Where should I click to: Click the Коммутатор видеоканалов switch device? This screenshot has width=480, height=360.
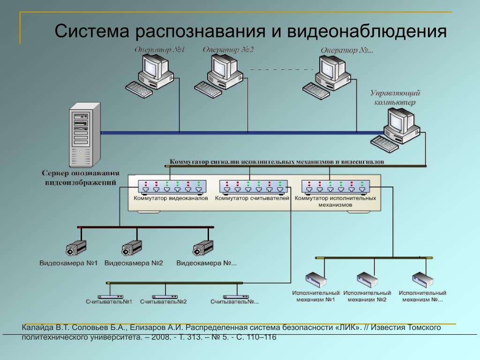pyautogui.click(x=172, y=187)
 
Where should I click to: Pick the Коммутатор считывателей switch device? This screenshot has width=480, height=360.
pyautogui.click(x=253, y=187)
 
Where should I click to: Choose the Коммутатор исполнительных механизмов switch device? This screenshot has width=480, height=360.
pyautogui.click(x=335, y=187)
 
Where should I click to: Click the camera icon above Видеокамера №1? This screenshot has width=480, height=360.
pyautogui.click(x=76, y=247)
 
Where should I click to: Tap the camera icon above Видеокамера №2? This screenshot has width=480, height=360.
pyautogui.click(x=132, y=247)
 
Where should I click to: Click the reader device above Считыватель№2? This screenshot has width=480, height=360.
pyautogui.click(x=164, y=297)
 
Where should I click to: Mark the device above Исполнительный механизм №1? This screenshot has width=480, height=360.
pyautogui.click(x=316, y=279)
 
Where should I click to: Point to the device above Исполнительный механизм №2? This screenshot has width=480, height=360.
pyautogui.click(x=367, y=279)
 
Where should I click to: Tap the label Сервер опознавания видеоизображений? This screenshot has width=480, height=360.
pyautogui.click(x=80, y=178)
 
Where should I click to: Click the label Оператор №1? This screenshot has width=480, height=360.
pyautogui.click(x=160, y=50)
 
